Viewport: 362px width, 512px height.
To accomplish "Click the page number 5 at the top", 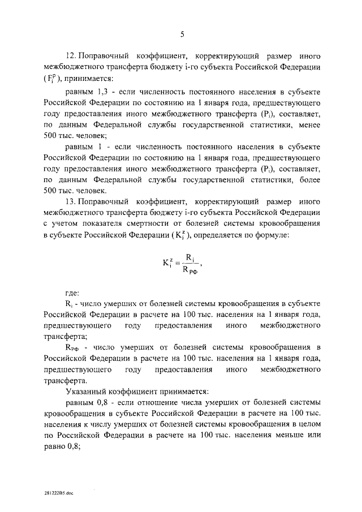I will coord(182,35).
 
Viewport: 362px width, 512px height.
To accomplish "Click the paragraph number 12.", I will coord(72,57).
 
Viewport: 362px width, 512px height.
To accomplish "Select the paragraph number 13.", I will coord(72,201).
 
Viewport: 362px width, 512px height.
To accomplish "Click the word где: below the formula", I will coord(72,292).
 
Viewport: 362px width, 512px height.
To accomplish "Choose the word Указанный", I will coord(87,391).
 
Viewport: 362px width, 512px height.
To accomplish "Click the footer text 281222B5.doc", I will coord(57,493).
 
